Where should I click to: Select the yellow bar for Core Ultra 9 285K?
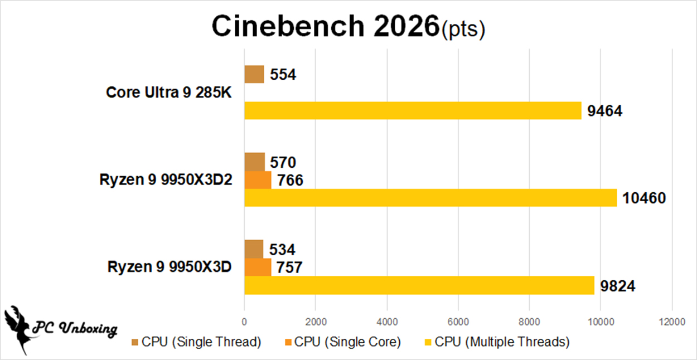(413, 111)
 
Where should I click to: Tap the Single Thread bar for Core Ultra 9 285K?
(254, 74)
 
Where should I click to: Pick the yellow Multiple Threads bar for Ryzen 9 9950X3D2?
(430, 198)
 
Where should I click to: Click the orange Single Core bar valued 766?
(258, 180)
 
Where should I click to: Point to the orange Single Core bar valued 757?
(258, 267)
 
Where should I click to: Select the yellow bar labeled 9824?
(419, 285)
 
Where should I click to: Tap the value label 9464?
(605, 111)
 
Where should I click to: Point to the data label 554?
(283, 75)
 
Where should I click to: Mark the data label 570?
(283, 163)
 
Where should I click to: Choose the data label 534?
(282, 250)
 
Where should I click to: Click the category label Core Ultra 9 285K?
(168, 92)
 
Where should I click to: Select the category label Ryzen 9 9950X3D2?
(166, 179)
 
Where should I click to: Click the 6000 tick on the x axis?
(458, 322)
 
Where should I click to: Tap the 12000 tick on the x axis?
(671, 322)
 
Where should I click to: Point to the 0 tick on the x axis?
(244, 322)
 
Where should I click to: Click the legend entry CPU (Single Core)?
(342, 342)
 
